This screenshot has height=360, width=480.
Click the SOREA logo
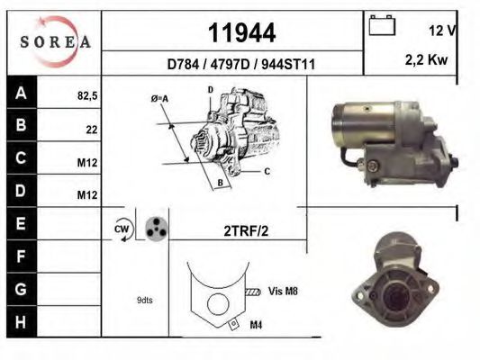tap(55, 41)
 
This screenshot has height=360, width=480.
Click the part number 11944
tap(241, 33)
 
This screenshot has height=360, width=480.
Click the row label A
tap(23, 92)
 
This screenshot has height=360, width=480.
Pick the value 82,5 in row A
tap(86, 93)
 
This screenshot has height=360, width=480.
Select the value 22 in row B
tap(91, 130)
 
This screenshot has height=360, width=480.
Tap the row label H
tap(23, 320)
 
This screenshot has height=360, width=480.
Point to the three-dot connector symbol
tap(157, 229)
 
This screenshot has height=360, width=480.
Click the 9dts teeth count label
tap(144, 300)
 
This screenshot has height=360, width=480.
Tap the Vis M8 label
tap(284, 291)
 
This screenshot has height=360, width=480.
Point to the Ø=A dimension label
tap(159, 99)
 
